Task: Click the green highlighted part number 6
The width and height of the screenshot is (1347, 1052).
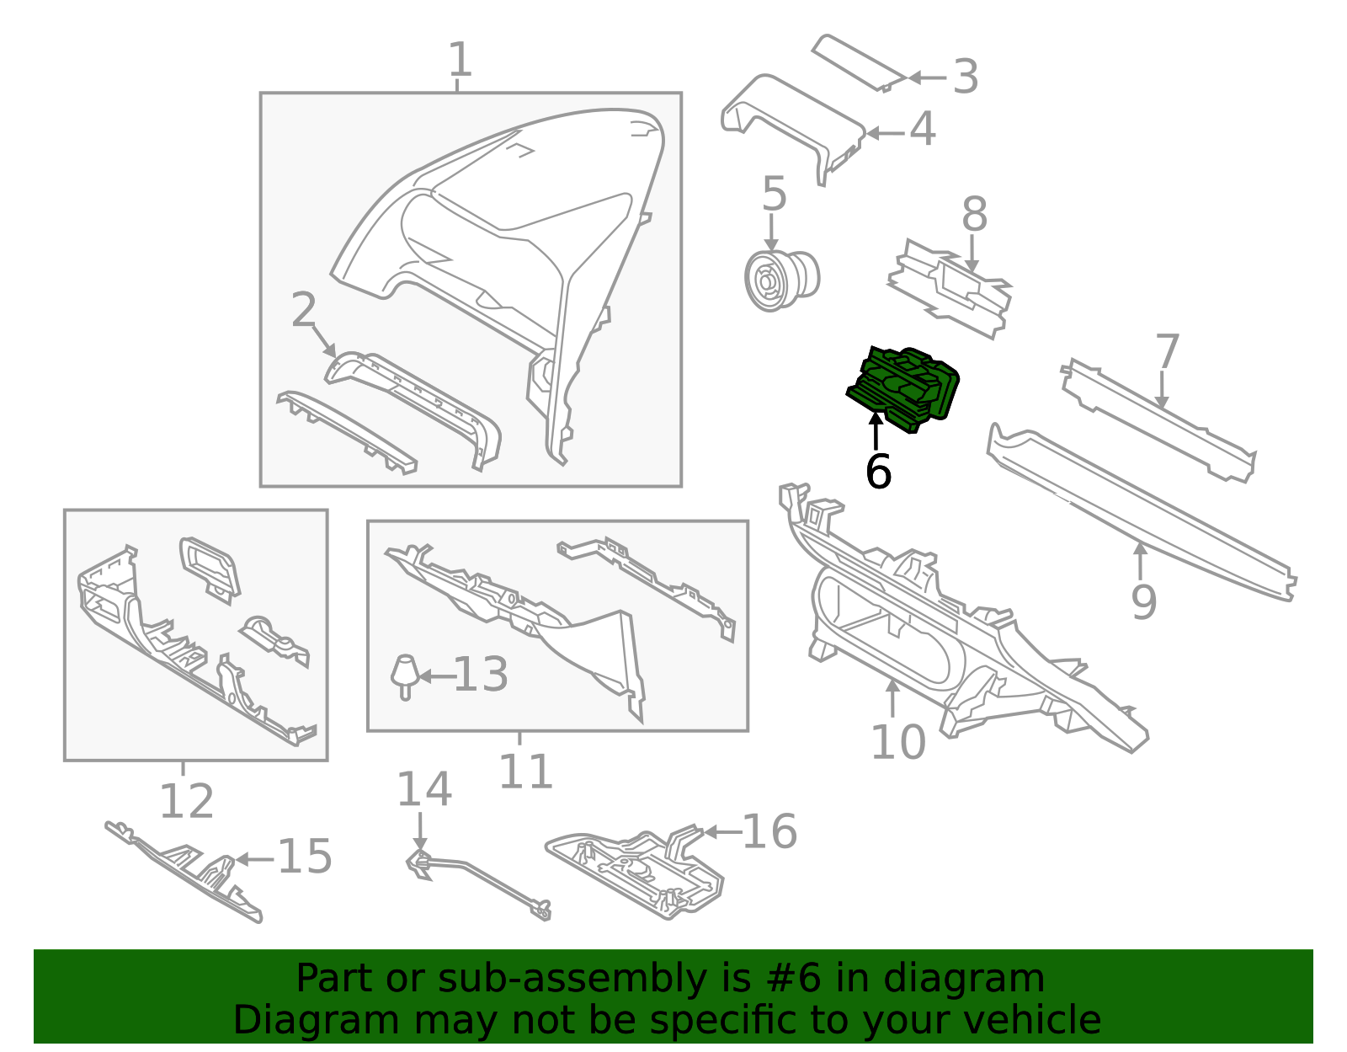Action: click(x=905, y=387)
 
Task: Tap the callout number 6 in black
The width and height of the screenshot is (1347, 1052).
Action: click(x=877, y=472)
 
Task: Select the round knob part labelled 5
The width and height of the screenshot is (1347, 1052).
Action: click(x=780, y=277)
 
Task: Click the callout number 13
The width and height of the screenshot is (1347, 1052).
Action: click(x=481, y=675)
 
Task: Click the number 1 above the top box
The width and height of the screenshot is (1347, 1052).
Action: click(x=459, y=61)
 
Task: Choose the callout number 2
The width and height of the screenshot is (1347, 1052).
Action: click(x=303, y=311)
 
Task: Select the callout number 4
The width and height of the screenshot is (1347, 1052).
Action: click(x=923, y=130)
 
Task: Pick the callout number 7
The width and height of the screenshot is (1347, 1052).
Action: click(x=1167, y=351)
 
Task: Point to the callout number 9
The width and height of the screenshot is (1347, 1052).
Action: click(x=1143, y=601)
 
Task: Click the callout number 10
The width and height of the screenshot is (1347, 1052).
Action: click(x=897, y=742)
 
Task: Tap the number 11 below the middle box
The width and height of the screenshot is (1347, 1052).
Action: click(x=525, y=772)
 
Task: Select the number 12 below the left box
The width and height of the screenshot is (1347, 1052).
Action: click(x=186, y=801)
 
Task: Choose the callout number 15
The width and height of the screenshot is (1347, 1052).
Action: click(x=305, y=857)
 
